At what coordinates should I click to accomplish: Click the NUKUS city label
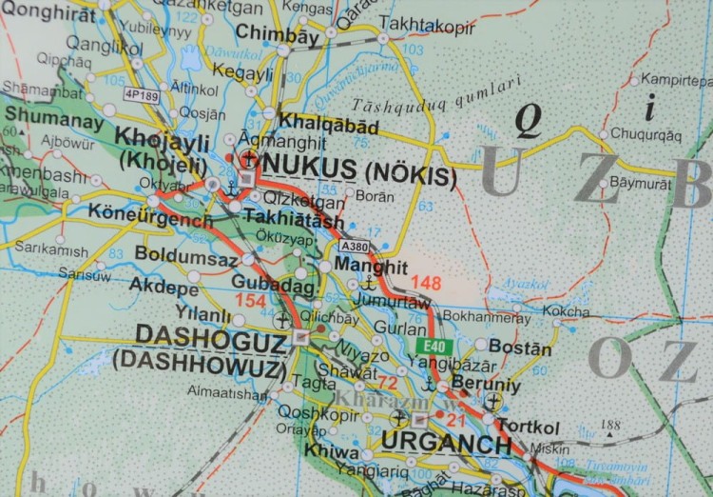coord(307,162)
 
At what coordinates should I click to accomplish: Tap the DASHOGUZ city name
coord(210,337)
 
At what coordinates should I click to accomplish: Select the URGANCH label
coord(446,444)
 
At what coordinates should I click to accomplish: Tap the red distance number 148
coord(428,282)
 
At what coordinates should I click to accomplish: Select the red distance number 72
coord(387,383)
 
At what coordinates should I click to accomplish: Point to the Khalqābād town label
coord(329,125)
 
